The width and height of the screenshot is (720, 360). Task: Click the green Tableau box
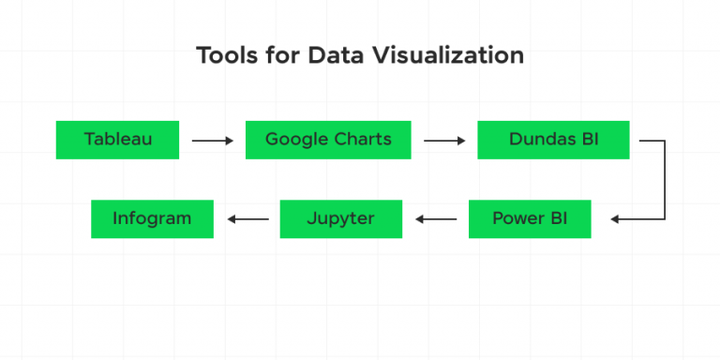coord(117,140)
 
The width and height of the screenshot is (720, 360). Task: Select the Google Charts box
coord(328,140)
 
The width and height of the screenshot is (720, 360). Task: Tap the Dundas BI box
coord(553,140)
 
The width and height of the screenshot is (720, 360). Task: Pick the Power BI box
coord(530,218)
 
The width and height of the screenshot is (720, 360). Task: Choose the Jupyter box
coord(340,218)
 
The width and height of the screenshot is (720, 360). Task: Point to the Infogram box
coord(152,218)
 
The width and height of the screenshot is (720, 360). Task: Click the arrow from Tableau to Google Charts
coord(212,141)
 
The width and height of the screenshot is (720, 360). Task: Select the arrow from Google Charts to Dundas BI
coord(444,141)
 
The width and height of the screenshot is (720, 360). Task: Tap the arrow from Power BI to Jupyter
coord(436,219)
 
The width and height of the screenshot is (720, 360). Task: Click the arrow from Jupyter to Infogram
coord(247,219)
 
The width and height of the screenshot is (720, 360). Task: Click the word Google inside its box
coord(295,140)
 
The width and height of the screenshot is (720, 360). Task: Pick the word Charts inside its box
coord(361,140)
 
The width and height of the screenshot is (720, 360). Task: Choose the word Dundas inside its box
coord(541,140)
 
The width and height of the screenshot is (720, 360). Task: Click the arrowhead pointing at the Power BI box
coord(615,219)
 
